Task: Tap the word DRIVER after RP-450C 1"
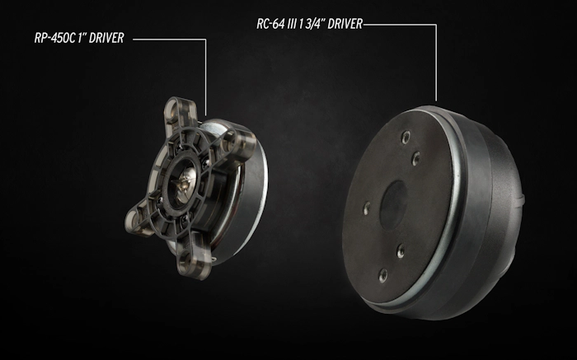[106, 38]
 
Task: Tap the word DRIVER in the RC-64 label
[345, 24]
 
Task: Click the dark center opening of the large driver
[393, 205]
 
